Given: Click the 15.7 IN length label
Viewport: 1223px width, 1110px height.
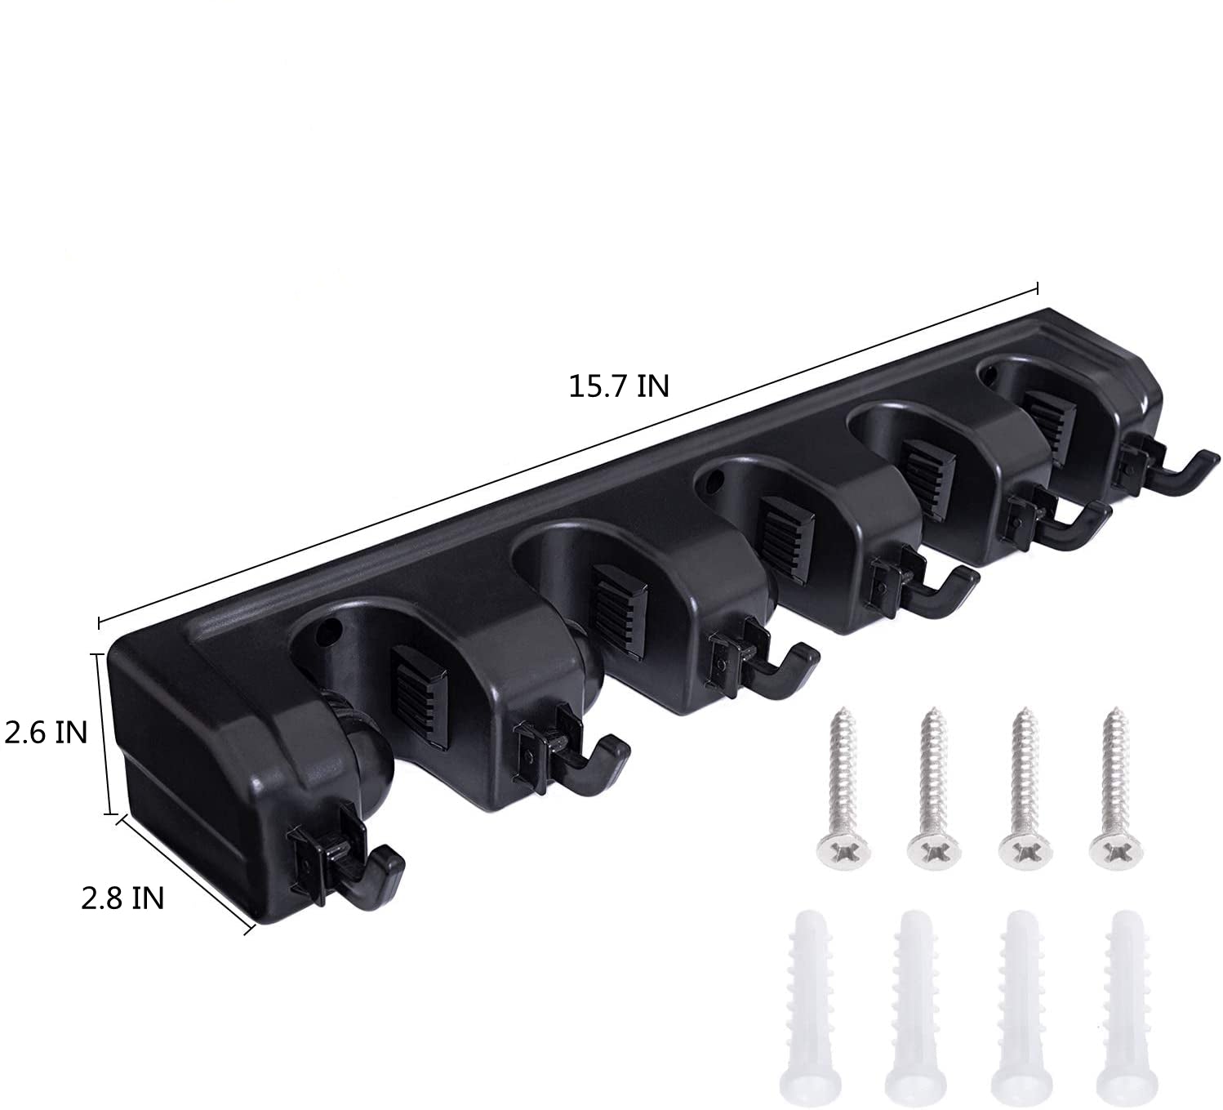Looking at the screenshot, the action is coord(619,386).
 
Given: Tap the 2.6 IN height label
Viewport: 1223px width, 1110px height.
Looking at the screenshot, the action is coord(47,733).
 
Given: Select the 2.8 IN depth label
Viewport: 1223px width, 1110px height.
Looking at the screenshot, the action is coord(122,898).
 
